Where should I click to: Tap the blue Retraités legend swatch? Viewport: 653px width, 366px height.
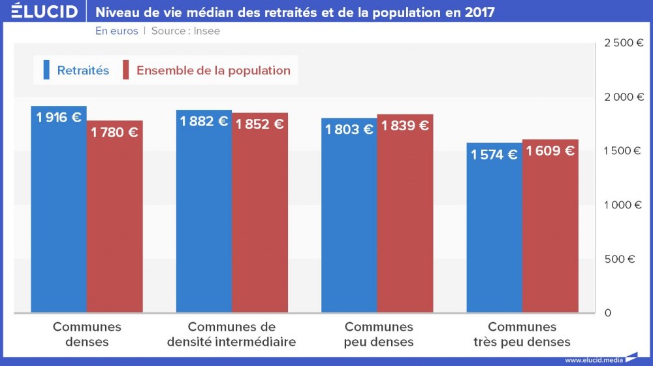[46, 70]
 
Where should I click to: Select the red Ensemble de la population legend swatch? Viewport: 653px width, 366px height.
[126, 70]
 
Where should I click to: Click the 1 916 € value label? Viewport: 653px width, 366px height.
[59, 118]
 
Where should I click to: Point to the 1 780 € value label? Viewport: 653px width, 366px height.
[114, 133]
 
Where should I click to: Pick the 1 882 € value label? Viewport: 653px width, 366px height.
[204, 122]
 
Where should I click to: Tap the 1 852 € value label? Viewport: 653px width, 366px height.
[259, 124]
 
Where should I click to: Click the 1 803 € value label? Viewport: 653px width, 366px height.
[349, 129]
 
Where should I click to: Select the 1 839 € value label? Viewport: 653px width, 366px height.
[405, 126]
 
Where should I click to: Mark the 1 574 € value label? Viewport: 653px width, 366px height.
[494, 154]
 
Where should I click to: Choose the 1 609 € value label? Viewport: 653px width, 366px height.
[550, 151]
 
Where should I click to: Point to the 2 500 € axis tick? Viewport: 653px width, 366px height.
[624, 43]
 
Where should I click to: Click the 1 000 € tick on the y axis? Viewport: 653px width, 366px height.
[624, 205]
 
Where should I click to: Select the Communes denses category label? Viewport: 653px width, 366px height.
[87, 334]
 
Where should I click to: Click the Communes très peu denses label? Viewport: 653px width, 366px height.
[522, 334]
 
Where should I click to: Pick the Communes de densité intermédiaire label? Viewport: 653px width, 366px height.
[231, 334]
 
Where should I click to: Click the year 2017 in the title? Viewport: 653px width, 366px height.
[479, 12]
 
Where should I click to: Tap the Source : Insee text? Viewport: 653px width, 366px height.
[185, 31]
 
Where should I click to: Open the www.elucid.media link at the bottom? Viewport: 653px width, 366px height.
[594, 359]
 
